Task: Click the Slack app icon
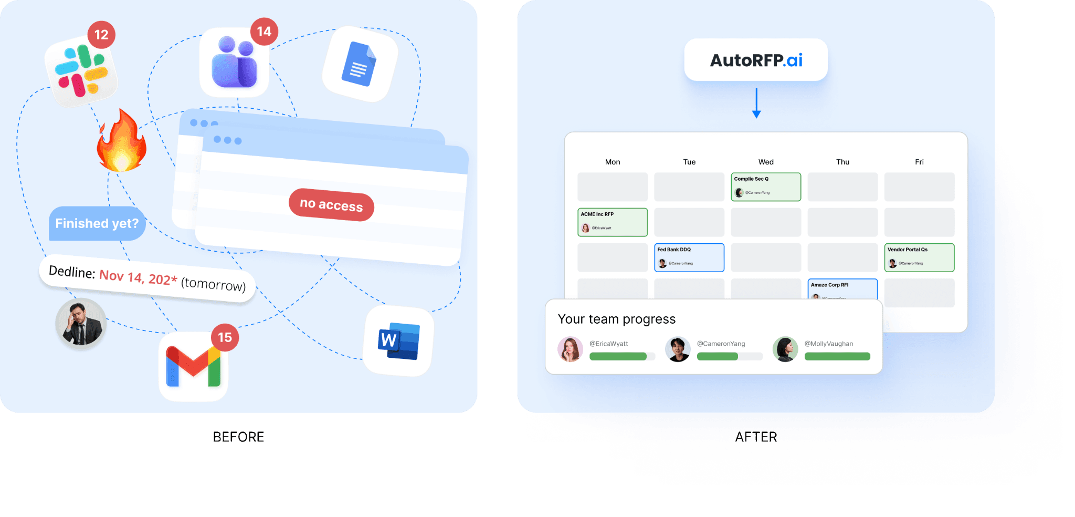click(x=81, y=71)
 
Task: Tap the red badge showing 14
click(x=264, y=32)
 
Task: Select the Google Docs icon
click(x=360, y=64)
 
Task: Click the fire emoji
click(x=121, y=142)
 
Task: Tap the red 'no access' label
click(x=331, y=204)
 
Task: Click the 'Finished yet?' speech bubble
click(x=97, y=223)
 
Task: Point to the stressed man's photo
click(x=81, y=324)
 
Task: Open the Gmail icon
click(x=193, y=367)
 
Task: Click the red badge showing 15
click(x=225, y=337)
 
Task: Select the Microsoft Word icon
click(x=398, y=341)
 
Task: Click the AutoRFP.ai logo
click(x=756, y=60)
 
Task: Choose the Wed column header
click(x=766, y=162)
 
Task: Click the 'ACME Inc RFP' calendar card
click(x=613, y=222)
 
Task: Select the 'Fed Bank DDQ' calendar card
click(x=689, y=257)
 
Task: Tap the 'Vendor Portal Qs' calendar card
click(x=919, y=257)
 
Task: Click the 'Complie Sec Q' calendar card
click(x=766, y=187)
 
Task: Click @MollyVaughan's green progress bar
click(x=837, y=357)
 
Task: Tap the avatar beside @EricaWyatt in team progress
click(x=571, y=349)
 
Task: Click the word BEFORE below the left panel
click(x=238, y=437)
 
